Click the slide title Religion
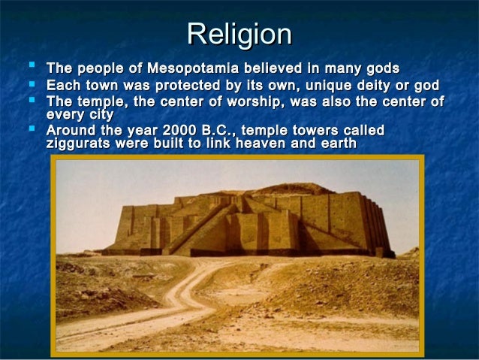(x=239, y=35)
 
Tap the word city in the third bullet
(x=98, y=115)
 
